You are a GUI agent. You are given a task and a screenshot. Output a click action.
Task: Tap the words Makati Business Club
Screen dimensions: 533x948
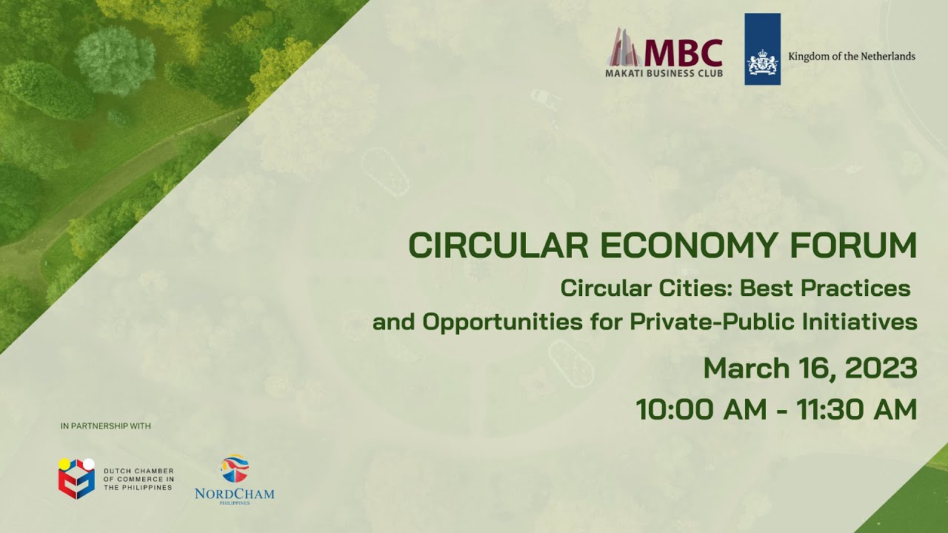pos(664,73)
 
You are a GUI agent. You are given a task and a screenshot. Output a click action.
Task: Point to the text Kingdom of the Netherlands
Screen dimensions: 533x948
pos(852,56)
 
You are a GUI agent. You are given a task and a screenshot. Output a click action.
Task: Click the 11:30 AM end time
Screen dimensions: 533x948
pos(856,409)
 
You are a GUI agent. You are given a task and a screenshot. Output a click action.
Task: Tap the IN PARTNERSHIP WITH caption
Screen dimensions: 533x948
pos(106,426)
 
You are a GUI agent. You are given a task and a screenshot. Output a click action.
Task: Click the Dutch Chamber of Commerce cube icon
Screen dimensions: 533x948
pos(76,478)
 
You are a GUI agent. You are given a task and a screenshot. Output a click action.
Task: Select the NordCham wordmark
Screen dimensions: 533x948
pos(234,493)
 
